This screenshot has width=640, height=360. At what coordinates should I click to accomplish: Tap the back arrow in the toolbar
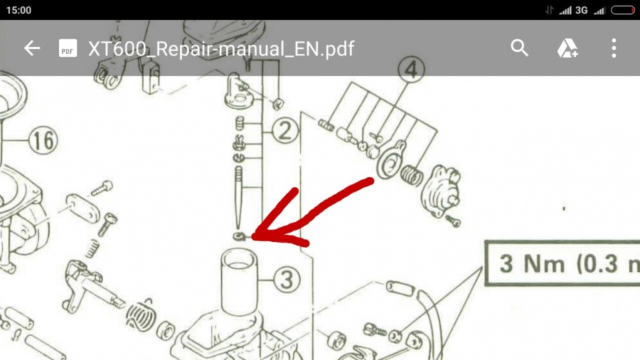32,48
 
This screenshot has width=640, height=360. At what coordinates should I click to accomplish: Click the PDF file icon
68,48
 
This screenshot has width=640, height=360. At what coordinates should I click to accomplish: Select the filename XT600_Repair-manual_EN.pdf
221,48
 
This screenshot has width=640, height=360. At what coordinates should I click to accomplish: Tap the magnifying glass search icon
519,48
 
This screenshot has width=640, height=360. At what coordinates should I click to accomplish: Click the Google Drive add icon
567,48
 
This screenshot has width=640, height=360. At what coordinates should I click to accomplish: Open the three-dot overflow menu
614,48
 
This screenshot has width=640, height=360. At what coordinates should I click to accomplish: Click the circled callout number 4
412,70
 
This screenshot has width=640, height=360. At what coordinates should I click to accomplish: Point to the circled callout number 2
284,131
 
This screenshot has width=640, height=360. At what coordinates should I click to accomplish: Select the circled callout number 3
287,280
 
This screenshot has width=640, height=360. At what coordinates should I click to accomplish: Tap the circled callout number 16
43,141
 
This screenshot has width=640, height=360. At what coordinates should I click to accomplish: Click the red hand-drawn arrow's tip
254,237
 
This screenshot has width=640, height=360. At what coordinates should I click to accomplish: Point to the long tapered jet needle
238,197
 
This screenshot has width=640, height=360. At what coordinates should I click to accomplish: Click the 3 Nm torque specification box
562,263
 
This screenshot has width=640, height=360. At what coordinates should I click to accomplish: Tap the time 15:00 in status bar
18,10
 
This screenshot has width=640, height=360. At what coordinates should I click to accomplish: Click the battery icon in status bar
623,10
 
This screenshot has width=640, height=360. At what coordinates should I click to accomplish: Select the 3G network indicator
581,10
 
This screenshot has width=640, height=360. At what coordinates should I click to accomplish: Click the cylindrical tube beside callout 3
240,282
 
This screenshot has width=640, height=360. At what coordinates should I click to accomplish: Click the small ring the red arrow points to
239,236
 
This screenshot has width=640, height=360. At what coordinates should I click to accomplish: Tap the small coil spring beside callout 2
240,123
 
